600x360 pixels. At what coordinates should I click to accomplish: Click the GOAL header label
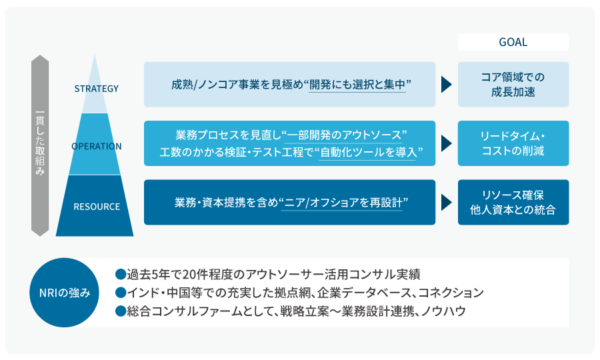coord(513,42)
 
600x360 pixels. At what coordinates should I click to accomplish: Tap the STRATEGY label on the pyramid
coord(97,88)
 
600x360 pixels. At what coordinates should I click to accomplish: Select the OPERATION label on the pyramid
coord(97,146)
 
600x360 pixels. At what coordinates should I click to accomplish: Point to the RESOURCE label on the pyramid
coord(97,206)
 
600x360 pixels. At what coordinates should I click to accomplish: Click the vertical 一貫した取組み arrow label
coord(40,145)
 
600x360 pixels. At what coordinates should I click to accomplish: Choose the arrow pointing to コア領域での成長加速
coord(446,85)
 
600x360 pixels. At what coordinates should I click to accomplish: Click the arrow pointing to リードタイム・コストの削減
coord(446,143)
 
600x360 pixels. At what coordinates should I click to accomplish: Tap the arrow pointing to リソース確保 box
coord(446,202)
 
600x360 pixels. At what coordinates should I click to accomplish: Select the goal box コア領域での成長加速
coord(513,85)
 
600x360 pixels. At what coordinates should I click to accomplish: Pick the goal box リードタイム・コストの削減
coord(513,143)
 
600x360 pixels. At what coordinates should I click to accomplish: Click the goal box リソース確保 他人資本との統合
coord(513,202)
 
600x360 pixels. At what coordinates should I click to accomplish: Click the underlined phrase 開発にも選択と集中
coord(357,85)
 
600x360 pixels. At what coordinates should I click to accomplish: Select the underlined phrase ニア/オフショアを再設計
coord(342,202)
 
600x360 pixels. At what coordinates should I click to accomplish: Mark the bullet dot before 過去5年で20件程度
coord(121,274)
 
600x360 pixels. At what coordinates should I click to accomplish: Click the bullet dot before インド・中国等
coord(121,293)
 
